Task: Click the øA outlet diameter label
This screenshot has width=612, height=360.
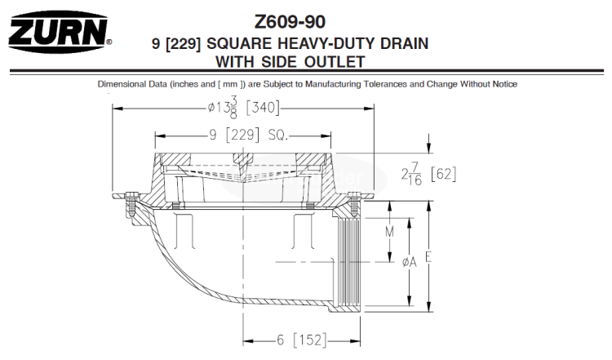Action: (x=410, y=261)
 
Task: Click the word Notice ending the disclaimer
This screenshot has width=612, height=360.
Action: (x=503, y=84)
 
